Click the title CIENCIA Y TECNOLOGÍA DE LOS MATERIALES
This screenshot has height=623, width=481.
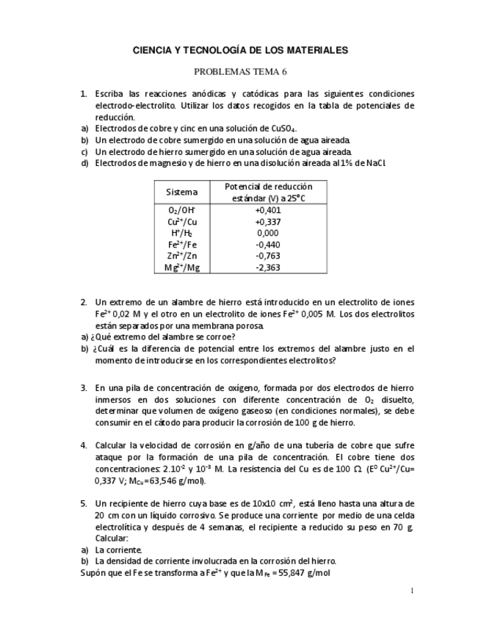click(240, 50)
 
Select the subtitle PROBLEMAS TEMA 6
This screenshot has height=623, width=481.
click(240, 72)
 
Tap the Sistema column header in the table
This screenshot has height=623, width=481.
click(181, 192)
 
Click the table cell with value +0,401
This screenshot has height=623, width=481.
click(267, 210)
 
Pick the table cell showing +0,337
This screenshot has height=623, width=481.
click(267, 221)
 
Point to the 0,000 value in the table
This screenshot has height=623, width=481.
click(267, 233)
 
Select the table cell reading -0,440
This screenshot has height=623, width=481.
click(267, 245)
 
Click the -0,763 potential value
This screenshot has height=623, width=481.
click(267, 256)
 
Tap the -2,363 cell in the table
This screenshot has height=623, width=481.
click(267, 267)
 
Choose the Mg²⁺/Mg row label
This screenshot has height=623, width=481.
click(181, 267)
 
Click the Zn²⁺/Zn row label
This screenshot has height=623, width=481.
click(181, 256)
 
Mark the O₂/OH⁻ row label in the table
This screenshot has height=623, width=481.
click(181, 210)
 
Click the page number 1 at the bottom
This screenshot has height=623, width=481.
click(412, 591)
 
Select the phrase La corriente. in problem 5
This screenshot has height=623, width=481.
click(119, 549)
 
